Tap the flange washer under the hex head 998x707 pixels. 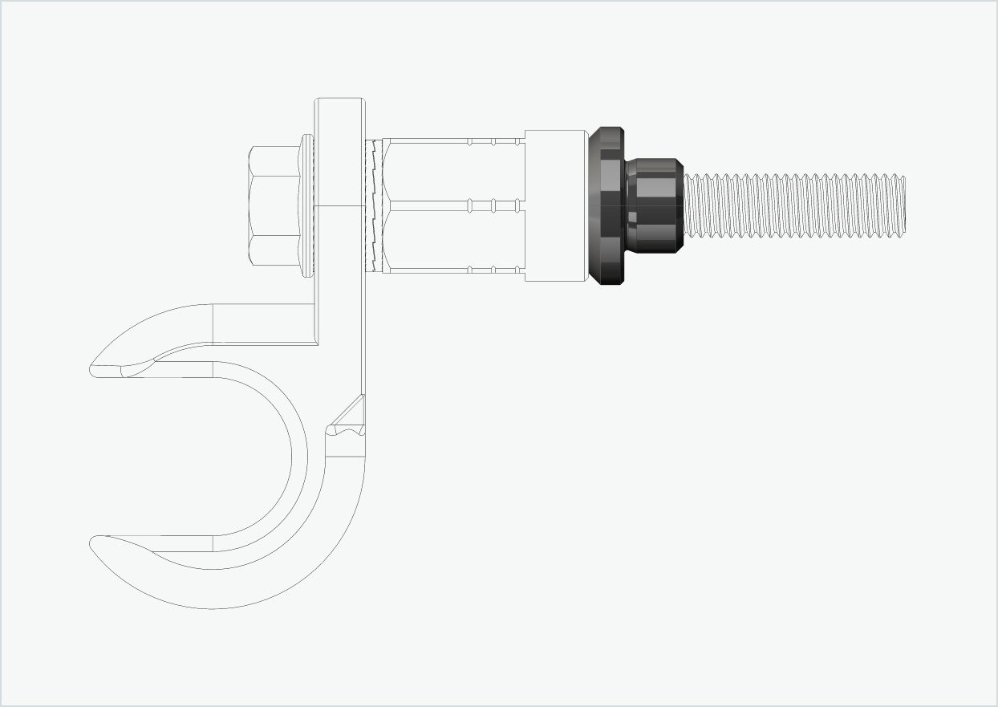pos(306,206)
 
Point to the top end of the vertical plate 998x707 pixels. pos(339,101)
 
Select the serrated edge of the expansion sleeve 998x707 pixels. pos(371,206)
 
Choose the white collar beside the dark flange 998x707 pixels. pos(555,205)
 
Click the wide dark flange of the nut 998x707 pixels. pos(607,206)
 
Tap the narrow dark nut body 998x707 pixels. pos(655,205)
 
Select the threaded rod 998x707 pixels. pos(794,205)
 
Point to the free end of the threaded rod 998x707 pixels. pos(904,205)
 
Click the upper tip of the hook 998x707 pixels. pos(93,369)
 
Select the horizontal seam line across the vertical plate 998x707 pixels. pos(339,206)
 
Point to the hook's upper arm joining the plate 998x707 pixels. pos(265,325)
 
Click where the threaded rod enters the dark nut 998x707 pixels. pos(685,205)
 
